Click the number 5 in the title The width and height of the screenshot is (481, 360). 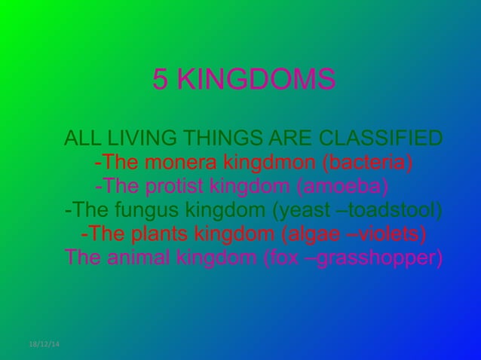(x=160, y=79)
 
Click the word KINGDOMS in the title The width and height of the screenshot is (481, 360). (x=256, y=79)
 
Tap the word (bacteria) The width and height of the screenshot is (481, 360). (x=367, y=163)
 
